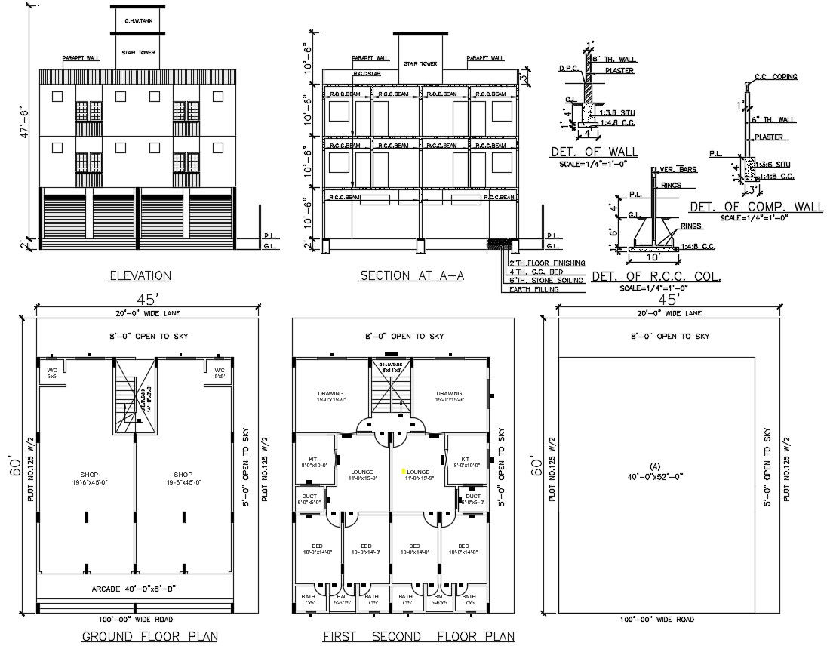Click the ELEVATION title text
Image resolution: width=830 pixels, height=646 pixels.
[140, 276]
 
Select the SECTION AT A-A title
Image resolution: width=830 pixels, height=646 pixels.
[411, 276]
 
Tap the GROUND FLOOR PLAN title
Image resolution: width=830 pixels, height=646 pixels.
[140, 636]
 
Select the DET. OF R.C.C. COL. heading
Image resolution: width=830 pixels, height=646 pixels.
[656, 278]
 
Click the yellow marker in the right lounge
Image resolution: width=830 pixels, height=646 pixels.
[404, 471]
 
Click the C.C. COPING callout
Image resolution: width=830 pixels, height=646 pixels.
[776, 77]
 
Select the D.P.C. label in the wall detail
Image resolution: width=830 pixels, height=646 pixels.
[568, 68]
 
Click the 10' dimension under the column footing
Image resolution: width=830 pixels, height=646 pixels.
[653, 256]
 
